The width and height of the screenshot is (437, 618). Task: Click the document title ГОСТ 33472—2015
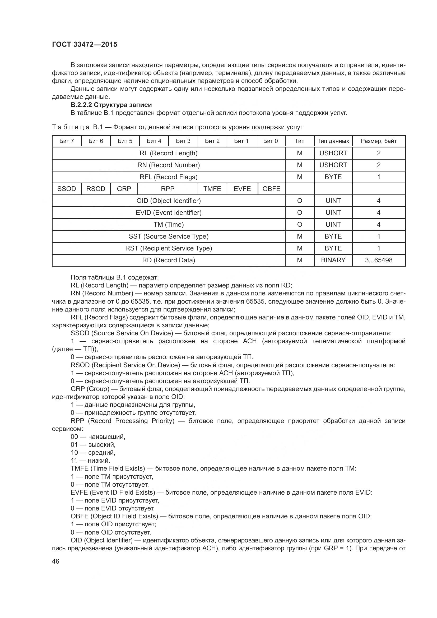pos(85,44)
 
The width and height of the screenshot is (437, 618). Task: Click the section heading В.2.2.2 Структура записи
pos(111,105)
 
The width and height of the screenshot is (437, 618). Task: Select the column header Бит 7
pos(67,141)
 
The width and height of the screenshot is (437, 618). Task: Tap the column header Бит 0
pos(270,141)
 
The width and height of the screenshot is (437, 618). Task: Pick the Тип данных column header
pos(333,141)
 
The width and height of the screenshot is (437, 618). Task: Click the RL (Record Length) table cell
pos(169,153)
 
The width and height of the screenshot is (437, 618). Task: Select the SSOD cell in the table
pos(67,189)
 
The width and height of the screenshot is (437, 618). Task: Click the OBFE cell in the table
pos(271,189)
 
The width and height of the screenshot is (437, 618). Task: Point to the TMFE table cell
pos(212,189)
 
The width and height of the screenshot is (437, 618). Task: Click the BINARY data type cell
pos(333,260)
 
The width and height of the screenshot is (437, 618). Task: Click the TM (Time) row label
pos(169,225)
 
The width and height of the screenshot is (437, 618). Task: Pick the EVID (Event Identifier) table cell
pos(169,213)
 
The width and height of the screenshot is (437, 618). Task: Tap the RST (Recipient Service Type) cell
pos(169,248)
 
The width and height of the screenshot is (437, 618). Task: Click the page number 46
pos(56,561)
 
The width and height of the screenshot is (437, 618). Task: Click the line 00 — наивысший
pos(98,436)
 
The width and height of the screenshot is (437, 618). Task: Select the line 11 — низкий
pos(90,461)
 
